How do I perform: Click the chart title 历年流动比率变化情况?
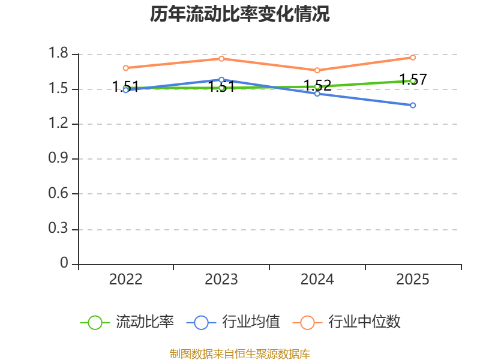(239, 14)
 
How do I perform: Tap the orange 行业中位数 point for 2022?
(126, 68)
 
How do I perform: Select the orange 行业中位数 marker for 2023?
(221, 59)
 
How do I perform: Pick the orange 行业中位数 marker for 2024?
(317, 70)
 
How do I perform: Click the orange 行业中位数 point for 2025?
(413, 58)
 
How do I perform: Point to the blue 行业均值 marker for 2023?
(221, 80)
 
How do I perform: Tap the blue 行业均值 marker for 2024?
(317, 94)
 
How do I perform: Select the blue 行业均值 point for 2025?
(413, 106)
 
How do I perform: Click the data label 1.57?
(413, 80)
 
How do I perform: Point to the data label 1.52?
(317, 85)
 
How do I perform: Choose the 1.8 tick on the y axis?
(58, 53)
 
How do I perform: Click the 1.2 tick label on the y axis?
(58, 123)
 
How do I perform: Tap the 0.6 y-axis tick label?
(58, 193)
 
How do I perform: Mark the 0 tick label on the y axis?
(64, 263)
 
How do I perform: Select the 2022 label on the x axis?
(126, 280)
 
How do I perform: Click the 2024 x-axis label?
(317, 280)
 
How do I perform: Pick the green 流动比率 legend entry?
(127, 322)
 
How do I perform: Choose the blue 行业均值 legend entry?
(233, 322)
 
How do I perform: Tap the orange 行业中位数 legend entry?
(347, 322)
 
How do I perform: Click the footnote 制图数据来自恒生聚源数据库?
(240, 354)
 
